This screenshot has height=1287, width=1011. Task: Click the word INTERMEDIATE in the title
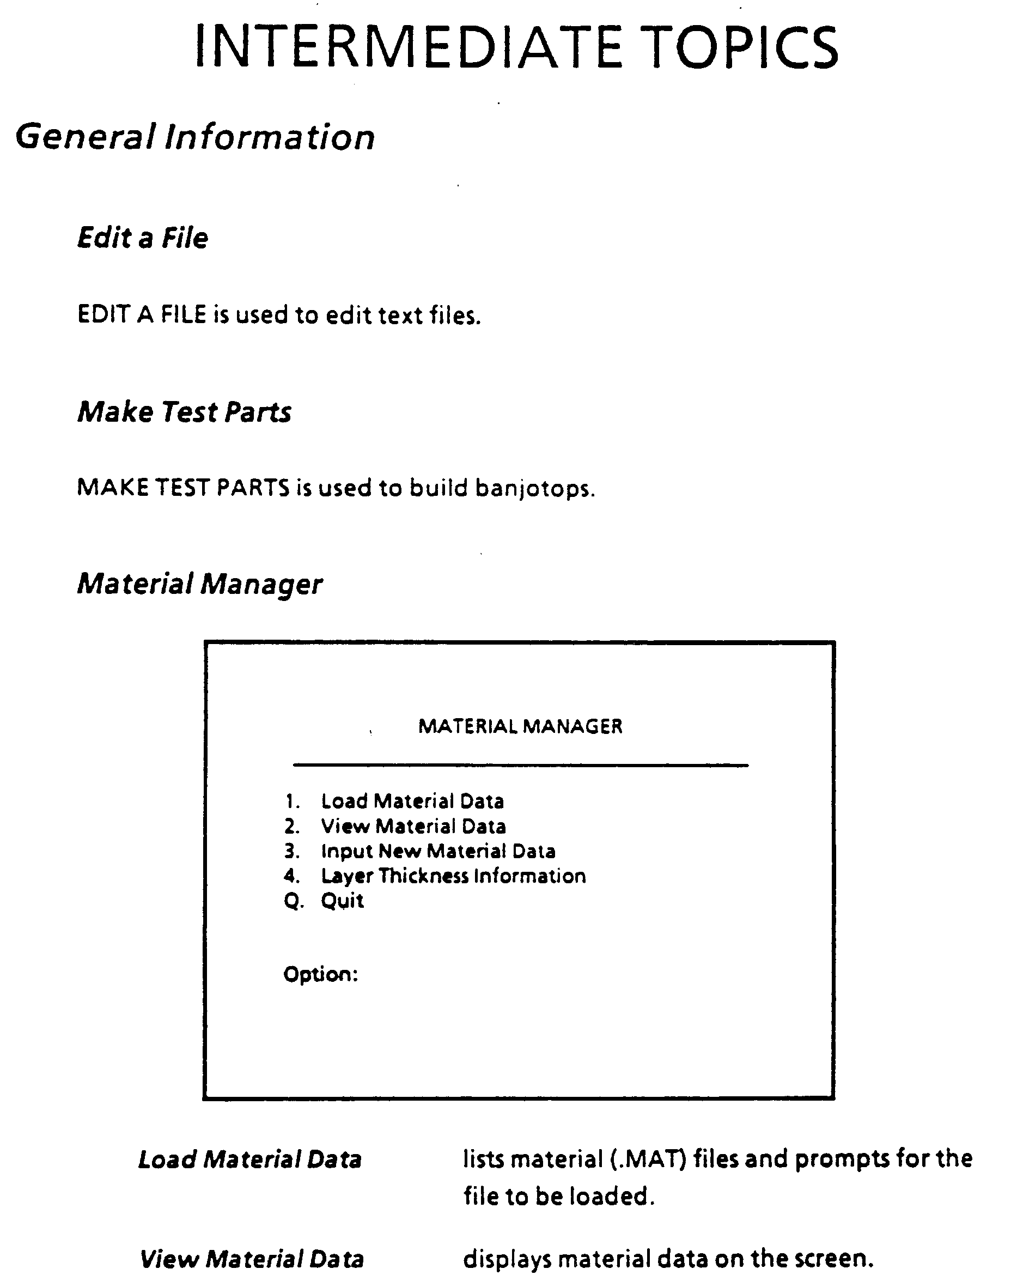(409, 47)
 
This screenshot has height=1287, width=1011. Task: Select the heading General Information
(196, 137)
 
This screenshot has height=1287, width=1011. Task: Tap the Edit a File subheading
(143, 238)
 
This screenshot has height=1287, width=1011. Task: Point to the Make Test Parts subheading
(184, 411)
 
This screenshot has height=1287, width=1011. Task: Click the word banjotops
(534, 488)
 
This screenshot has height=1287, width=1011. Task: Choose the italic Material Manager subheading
(200, 584)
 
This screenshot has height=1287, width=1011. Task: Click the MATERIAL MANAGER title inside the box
(520, 726)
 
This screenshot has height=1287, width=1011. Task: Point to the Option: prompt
(321, 974)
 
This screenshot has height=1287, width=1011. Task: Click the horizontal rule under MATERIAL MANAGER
(520, 766)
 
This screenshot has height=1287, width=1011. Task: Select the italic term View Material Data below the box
(252, 1259)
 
